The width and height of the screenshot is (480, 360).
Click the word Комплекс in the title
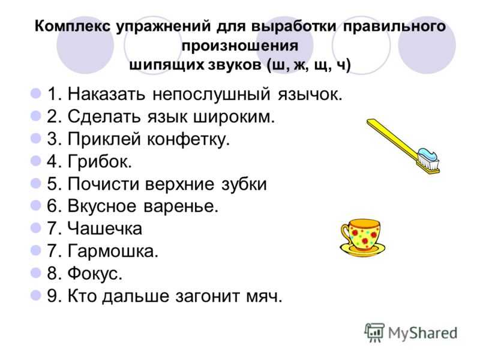73,26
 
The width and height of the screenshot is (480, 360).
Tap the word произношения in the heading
239,46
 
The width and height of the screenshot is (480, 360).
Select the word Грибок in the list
100,161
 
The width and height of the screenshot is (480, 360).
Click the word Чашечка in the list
104,229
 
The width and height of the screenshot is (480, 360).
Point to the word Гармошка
113,251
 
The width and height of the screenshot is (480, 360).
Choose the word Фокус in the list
95,274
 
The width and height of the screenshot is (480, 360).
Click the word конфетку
188,139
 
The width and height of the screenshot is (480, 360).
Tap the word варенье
181,206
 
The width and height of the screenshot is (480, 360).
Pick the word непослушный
212,94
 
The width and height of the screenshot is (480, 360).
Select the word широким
233,116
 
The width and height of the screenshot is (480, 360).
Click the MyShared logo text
422,333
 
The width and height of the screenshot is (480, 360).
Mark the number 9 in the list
52,296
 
